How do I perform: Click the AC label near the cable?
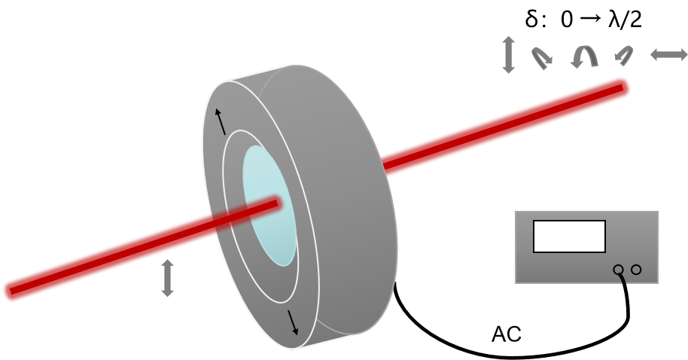point(507,334)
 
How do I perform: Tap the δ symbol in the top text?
point(531,20)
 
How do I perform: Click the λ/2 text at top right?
point(626,20)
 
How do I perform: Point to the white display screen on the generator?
point(569,236)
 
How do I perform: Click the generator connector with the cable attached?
point(618,270)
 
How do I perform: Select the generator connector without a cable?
point(636,270)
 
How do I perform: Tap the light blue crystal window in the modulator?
point(269,206)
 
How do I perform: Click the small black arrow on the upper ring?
point(221,121)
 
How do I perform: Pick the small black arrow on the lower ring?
point(293,322)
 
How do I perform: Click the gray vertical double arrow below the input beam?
point(167,278)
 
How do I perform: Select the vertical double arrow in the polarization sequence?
point(508,54)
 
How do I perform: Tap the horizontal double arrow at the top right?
point(668,54)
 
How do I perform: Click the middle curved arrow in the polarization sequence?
point(585,55)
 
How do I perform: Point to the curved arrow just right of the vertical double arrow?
point(542,58)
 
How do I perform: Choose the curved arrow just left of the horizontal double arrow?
point(624,55)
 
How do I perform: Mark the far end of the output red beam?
point(623,87)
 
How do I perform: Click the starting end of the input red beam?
point(11,291)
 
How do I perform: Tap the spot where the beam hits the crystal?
point(277,203)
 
